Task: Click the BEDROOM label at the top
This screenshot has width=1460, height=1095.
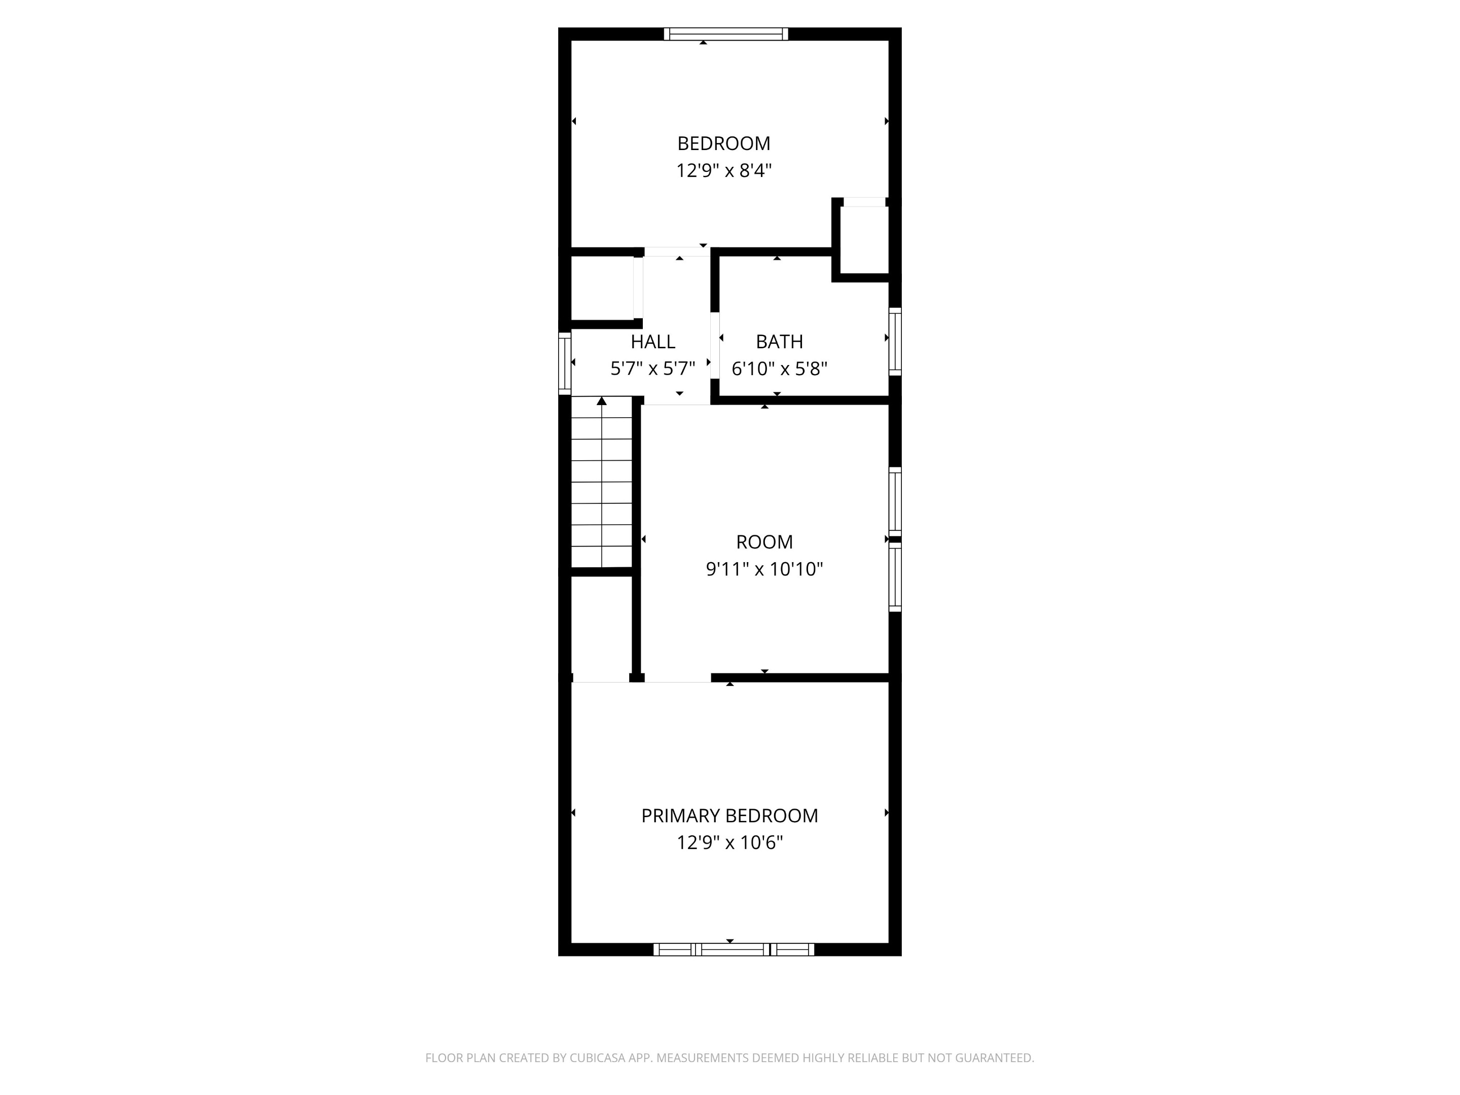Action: coord(723,143)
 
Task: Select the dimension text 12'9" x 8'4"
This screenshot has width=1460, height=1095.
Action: coord(723,171)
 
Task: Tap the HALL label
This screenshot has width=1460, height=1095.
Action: coord(653,342)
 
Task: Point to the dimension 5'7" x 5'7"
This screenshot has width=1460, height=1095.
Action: coord(653,369)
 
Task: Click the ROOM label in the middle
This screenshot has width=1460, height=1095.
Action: coord(764,542)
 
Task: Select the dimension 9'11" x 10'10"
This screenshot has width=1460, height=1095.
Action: coord(764,569)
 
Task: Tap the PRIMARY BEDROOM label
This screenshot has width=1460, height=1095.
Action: coord(729,816)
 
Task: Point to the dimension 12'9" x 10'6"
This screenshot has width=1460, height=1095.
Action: coord(729,843)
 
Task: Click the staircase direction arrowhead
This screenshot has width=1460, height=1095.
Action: coord(601,400)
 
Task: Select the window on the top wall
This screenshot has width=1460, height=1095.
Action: coord(725,33)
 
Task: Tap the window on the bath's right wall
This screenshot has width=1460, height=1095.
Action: coord(895,341)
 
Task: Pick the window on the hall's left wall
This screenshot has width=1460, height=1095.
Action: coord(564,363)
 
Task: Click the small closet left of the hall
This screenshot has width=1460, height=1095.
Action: coord(601,288)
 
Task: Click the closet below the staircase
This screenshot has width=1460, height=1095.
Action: coord(601,627)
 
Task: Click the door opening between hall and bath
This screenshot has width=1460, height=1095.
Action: coord(714,345)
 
